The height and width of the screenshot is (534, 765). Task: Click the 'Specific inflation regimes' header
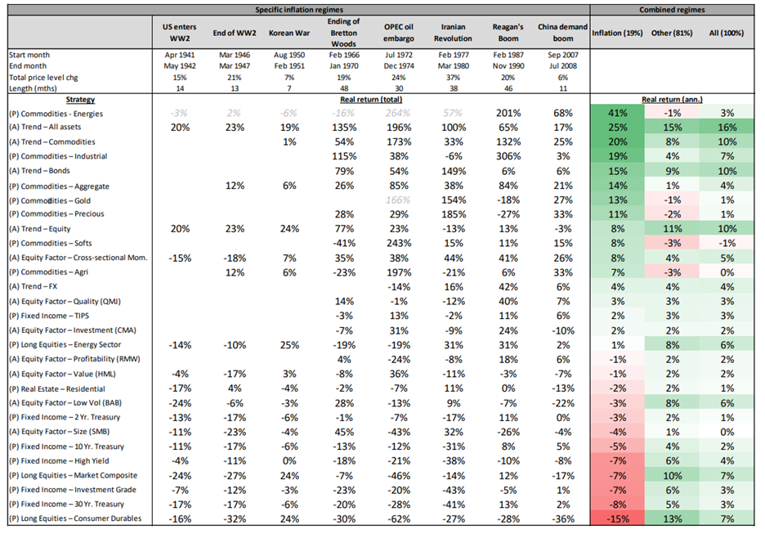pos(299,10)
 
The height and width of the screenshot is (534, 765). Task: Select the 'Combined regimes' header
pos(672,10)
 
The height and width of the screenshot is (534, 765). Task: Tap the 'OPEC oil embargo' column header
pos(399,33)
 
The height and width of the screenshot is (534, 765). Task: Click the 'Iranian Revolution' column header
pos(454,33)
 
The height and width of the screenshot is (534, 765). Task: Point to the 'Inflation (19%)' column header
pos(617,33)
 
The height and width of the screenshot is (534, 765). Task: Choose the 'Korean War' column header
pos(289,33)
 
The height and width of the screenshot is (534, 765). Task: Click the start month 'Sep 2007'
pos(563,55)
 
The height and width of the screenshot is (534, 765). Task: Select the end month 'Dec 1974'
pos(399,66)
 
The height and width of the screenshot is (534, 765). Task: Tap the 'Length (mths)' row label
pos(33,88)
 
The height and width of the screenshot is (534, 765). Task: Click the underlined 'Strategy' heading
pos(80,100)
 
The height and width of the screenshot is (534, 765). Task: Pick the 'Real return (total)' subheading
pos(371,100)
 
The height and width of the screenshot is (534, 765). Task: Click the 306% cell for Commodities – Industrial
pos(508,156)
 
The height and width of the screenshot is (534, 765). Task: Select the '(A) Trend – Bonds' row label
pos(39,171)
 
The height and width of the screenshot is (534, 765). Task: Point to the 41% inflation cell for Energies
pos(617,113)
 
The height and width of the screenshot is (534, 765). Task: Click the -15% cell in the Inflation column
pos(617,518)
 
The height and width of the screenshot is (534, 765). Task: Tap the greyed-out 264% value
pos(399,113)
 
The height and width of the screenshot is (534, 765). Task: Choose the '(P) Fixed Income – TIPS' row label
pos(49,316)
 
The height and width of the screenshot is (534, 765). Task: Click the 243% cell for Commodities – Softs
pos(399,243)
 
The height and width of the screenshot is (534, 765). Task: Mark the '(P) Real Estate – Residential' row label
pos(57,389)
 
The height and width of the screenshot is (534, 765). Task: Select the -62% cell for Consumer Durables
pos(399,518)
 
